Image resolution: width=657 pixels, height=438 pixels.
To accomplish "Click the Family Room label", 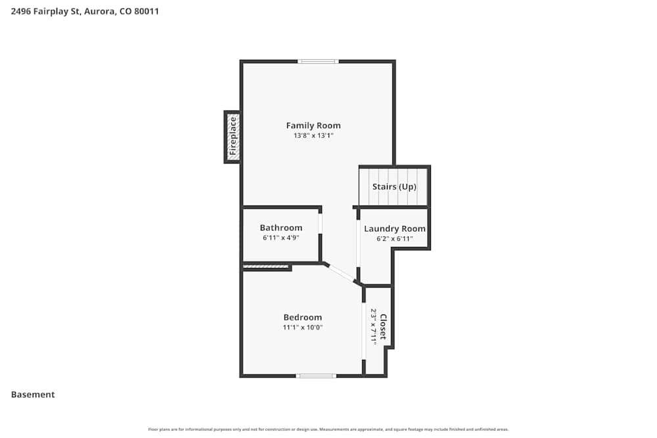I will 313,125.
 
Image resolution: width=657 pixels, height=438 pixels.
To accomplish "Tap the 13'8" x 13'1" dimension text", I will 313,136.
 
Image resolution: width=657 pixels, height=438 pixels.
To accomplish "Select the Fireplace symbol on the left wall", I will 232,137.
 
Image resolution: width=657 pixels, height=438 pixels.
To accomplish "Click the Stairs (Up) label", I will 394,186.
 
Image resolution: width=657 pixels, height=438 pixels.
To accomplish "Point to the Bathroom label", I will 281,228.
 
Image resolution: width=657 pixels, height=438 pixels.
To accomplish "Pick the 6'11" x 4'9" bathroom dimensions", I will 281,238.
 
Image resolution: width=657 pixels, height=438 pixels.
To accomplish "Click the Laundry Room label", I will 395,229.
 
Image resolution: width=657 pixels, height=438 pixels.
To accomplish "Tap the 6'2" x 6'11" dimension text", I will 395,239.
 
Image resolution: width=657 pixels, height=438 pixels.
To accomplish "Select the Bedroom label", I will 303,317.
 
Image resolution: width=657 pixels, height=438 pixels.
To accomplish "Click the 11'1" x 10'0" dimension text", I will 303,327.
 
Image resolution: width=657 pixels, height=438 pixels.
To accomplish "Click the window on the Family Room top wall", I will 318,62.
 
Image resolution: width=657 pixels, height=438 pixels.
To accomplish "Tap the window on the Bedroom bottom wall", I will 316,376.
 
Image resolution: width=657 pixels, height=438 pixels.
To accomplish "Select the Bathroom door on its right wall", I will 321,223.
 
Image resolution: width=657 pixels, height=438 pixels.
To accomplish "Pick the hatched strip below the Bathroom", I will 266,267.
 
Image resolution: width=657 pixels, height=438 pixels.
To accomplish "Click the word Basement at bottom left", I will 33,395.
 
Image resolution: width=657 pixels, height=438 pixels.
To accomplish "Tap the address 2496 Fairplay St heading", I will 85,11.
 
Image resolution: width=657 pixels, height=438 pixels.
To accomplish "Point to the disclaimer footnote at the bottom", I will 328,429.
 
